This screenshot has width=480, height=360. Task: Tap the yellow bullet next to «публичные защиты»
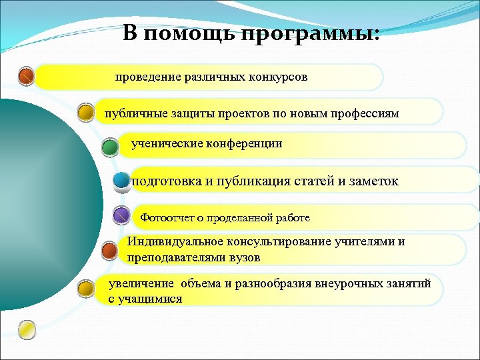click(x=85, y=112)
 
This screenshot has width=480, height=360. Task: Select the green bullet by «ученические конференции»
click(x=109, y=146)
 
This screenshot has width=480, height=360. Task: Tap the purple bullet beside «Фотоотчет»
click(x=121, y=216)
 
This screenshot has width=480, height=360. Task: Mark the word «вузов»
click(x=244, y=257)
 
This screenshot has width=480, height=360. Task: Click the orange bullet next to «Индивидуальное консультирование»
click(x=109, y=251)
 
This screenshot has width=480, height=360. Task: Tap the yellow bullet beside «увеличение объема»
click(x=85, y=289)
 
